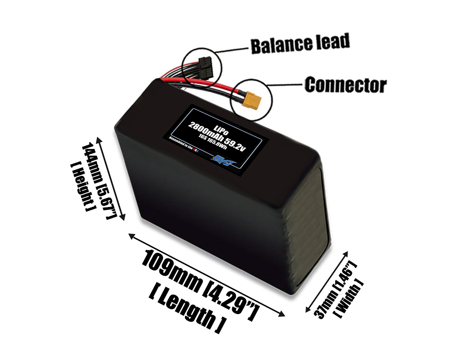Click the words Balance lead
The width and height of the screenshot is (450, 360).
[x=300, y=44]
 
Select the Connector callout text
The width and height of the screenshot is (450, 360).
[x=345, y=85]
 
